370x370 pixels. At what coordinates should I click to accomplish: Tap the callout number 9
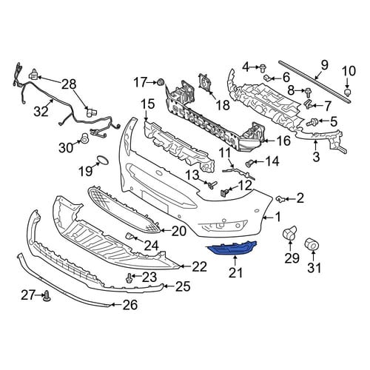(x=324, y=65)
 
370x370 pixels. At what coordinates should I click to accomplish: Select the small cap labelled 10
(x=348, y=92)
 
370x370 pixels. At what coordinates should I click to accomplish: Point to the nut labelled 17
(x=161, y=81)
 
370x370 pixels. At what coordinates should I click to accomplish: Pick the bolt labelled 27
(x=47, y=297)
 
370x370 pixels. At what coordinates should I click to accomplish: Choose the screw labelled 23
(x=128, y=278)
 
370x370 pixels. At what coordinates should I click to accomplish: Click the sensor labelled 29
(x=290, y=233)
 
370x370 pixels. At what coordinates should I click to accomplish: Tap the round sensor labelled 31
(x=311, y=244)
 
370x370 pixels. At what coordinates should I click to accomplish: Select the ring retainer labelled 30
(x=84, y=138)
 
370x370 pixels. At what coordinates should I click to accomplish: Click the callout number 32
(x=41, y=111)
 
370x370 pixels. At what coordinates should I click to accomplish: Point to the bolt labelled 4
(x=262, y=67)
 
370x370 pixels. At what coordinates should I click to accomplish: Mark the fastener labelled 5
(x=312, y=122)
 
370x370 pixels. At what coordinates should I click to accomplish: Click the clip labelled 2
(x=280, y=198)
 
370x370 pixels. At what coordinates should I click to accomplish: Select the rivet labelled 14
(x=249, y=163)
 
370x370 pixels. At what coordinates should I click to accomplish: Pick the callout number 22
(x=199, y=266)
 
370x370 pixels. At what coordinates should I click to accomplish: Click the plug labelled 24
(x=129, y=236)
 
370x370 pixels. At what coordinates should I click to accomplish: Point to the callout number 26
(x=130, y=305)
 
